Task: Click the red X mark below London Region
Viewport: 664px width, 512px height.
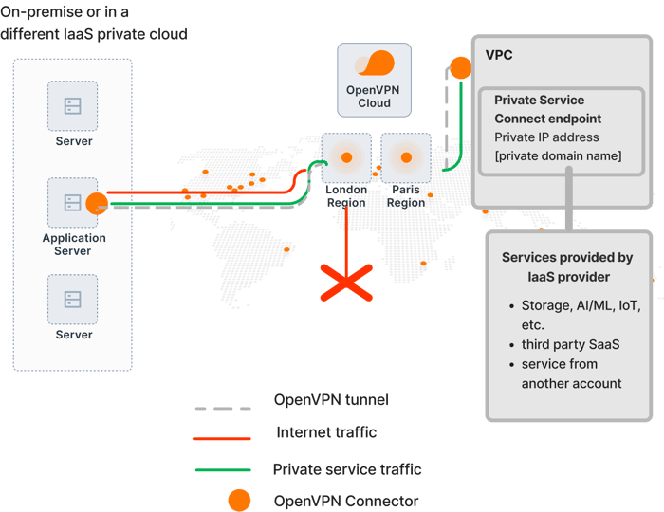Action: pos(346,283)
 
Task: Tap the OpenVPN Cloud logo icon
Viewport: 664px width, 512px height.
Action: pos(375,63)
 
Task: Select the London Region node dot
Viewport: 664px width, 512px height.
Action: pos(347,157)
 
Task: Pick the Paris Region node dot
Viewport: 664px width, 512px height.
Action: pos(406,157)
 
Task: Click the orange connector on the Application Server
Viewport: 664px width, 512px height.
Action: pos(97,204)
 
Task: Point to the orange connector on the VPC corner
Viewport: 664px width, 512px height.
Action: pos(460,67)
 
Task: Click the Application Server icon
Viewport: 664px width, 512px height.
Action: pos(72,203)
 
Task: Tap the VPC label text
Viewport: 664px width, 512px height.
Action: pos(499,55)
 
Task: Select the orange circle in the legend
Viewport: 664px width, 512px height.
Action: pos(239,501)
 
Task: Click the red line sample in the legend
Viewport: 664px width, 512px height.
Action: pos(222,438)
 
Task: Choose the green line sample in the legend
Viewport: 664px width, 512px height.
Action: pos(223,469)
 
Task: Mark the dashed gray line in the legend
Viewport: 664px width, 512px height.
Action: pos(223,409)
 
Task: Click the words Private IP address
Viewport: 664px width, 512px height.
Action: pos(546,137)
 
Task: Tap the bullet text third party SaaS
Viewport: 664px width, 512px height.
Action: pos(570,344)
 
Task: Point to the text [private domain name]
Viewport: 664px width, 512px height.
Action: pos(558,155)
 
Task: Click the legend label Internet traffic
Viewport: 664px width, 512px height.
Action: pos(326,432)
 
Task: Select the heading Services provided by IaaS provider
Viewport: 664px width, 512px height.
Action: pos(568,267)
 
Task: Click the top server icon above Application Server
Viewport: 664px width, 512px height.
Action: pos(72,106)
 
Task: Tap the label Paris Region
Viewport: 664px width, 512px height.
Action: pos(406,196)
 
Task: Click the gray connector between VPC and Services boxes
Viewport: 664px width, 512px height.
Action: pos(569,199)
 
